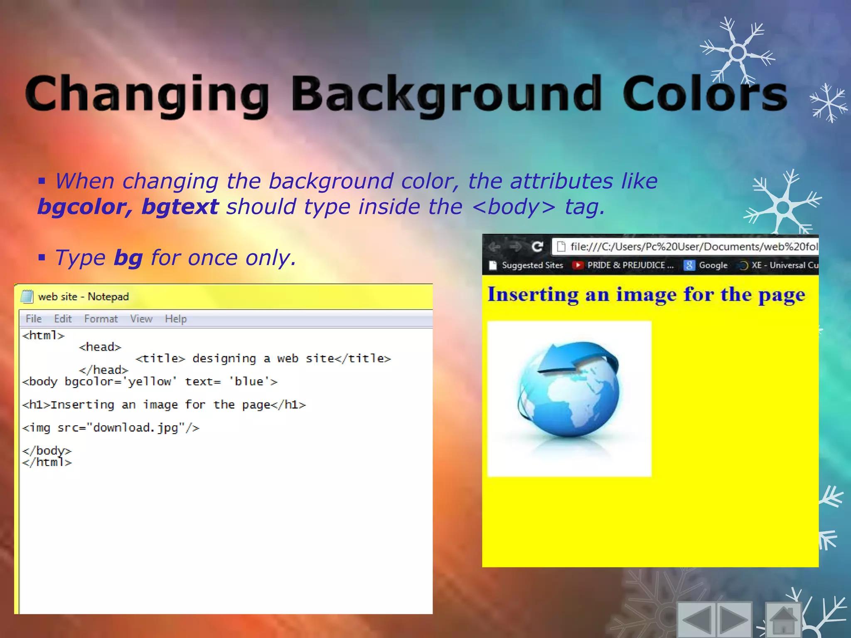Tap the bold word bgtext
click(x=180, y=207)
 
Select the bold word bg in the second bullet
click(x=128, y=258)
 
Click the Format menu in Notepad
click(x=101, y=319)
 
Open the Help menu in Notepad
click(x=176, y=319)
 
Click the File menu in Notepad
click(x=34, y=319)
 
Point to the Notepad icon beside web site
click(x=27, y=297)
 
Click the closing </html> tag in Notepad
click(x=47, y=462)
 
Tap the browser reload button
click(x=537, y=247)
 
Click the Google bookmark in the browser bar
click(x=706, y=265)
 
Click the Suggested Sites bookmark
click(x=526, y=265)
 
